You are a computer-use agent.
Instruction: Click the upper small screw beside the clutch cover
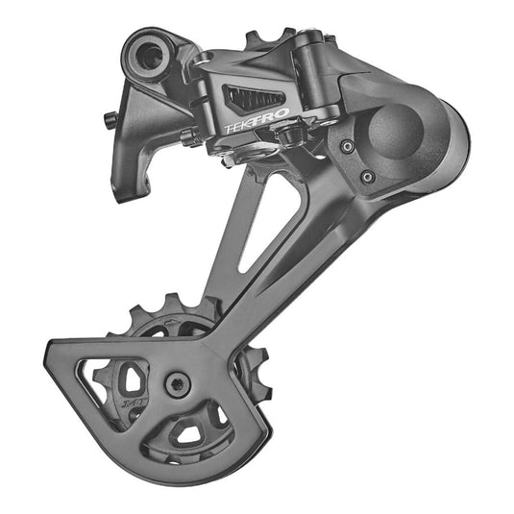pyautogui.click(x=348, y=147)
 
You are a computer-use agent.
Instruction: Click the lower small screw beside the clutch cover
pyautogui.click(x=366, y=177)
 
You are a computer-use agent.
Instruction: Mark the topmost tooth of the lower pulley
pyautogui.click(x=176, y=301)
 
